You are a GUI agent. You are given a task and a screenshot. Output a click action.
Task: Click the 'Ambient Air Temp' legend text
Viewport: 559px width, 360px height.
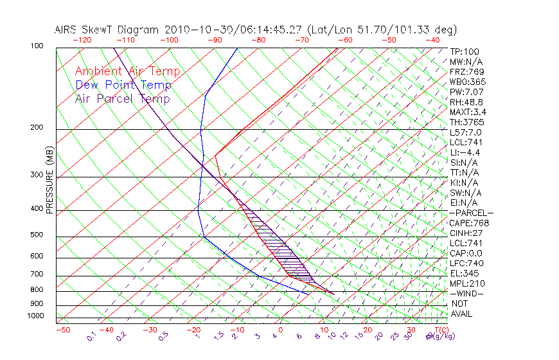tap(127, 71)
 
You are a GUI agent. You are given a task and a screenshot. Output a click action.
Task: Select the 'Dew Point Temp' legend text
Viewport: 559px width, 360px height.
tap(123, 85)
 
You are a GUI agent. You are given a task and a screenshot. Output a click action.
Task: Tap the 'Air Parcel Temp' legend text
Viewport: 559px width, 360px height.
tap(122, 98)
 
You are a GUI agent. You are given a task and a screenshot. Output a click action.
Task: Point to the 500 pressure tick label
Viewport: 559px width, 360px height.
tap(36, 235)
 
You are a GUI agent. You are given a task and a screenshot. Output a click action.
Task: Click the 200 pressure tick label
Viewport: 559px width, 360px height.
tap(36, 127)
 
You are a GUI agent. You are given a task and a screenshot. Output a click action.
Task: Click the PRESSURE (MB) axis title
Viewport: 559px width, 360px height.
tap(49, 181)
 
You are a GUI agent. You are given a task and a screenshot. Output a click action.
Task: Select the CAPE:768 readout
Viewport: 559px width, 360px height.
tap(468, 223)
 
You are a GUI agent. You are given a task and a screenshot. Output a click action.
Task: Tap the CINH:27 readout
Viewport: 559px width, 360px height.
tap(466, 233)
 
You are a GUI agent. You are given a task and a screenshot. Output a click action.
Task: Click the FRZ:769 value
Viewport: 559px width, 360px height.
tap(466, 71)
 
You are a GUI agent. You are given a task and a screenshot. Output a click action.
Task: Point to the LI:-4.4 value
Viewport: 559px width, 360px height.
tap(465, 152)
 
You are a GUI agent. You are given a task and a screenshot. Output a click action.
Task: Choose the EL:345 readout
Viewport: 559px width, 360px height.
tap(465, 273)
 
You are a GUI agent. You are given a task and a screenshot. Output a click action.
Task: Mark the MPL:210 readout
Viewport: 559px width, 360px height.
tap(466, 283)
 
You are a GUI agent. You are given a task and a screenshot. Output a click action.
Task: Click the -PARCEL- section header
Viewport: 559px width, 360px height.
tap(471, 213)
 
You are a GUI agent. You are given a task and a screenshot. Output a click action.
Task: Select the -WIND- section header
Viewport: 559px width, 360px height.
tap(466, 293)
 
